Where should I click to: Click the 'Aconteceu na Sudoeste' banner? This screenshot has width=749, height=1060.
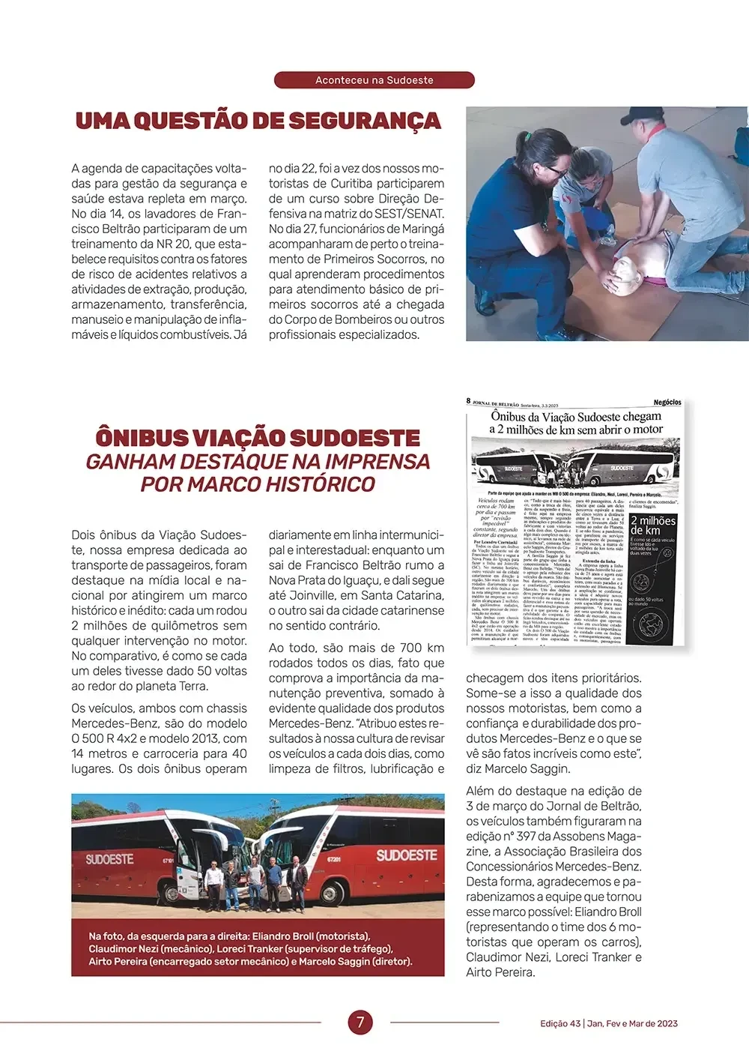coord(374,80)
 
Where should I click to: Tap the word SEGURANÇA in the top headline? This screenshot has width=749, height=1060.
coord(365,121)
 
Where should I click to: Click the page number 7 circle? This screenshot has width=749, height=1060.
coord(360,1022)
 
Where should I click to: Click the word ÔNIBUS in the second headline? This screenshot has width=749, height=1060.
coord(140,438)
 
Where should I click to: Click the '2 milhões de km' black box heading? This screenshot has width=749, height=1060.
coord(652,525)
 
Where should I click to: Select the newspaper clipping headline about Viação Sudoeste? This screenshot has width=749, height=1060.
coord(576,423)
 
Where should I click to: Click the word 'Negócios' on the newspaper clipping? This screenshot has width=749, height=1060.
coord(667,403)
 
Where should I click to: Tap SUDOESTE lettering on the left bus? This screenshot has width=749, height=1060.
coord(109,859)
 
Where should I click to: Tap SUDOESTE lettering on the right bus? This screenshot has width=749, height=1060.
coord(406,855)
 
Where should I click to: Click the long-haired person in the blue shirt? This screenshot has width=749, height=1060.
coord(517,195)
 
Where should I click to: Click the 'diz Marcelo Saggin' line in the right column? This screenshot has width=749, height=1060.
coord(518,768)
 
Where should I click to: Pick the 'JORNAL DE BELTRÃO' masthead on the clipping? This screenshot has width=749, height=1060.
coord(503,403)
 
